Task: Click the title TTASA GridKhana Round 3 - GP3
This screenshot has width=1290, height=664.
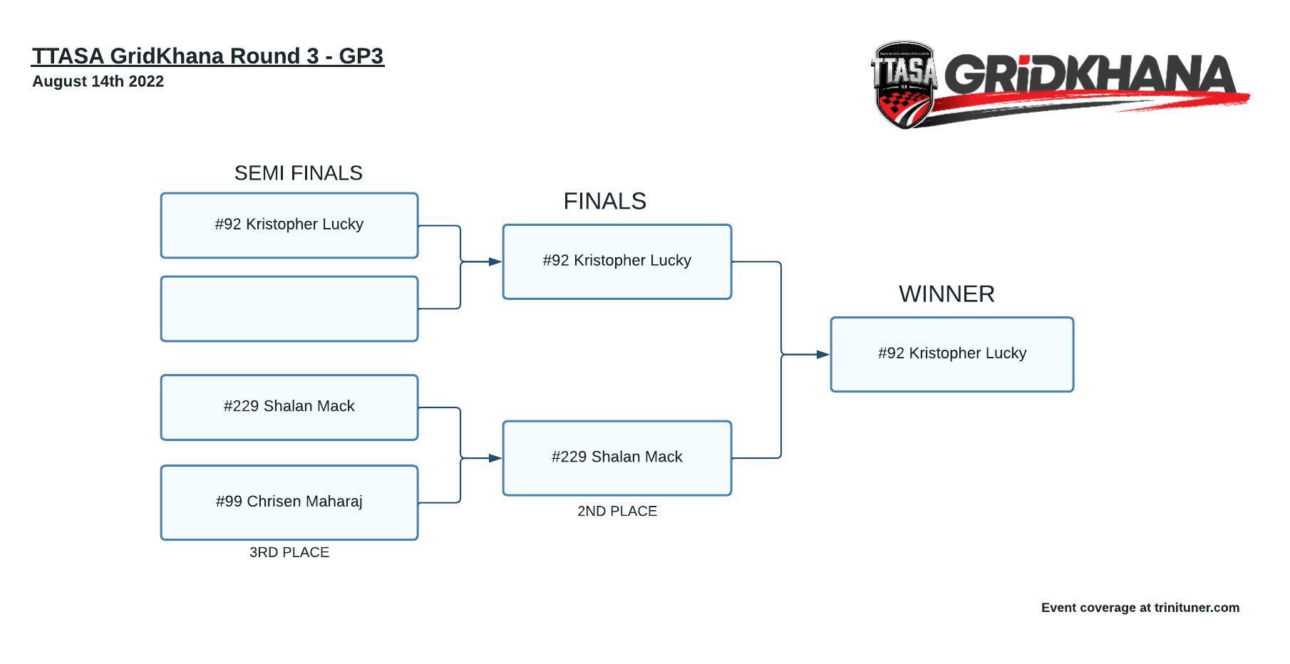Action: click(x=208, y=56)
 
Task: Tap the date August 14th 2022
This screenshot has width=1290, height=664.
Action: click(x=98, y=81)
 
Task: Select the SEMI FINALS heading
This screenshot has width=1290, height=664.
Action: click(x=299, y=173)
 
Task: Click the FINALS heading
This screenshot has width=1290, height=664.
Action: click(x=605, y=201)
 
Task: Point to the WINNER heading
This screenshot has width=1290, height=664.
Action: click(x=946, y=294)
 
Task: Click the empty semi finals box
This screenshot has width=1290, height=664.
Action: click(x=289, y=309)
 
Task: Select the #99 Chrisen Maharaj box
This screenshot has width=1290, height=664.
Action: click(x=289, y=503)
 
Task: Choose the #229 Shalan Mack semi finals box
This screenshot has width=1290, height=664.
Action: click(x=289, y=408)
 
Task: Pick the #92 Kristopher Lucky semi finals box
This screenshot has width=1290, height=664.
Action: click(x=289, y=225)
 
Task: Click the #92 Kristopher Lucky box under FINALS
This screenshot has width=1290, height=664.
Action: click(x=617, y=261)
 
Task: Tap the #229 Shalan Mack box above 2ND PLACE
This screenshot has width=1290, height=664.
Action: click(x=617, y=458)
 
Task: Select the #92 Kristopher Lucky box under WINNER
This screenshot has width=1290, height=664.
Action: click(x=952, y=354)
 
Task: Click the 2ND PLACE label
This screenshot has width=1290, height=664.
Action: click(x=617, y=511)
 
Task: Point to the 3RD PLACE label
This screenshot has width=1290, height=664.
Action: click(x=289, y=552)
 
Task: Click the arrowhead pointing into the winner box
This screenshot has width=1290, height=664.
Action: click(x=823, y=354)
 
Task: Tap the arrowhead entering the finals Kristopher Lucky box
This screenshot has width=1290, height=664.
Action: click(x=495, y=261)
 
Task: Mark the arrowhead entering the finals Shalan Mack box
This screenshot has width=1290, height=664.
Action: click(x=495, y=458)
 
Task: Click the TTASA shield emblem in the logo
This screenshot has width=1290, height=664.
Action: click(x=904, y=85)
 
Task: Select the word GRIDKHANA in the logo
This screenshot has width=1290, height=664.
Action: click(x=1091, y=75)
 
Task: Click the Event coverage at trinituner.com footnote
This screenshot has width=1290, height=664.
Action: click(x=1140, y=608)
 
